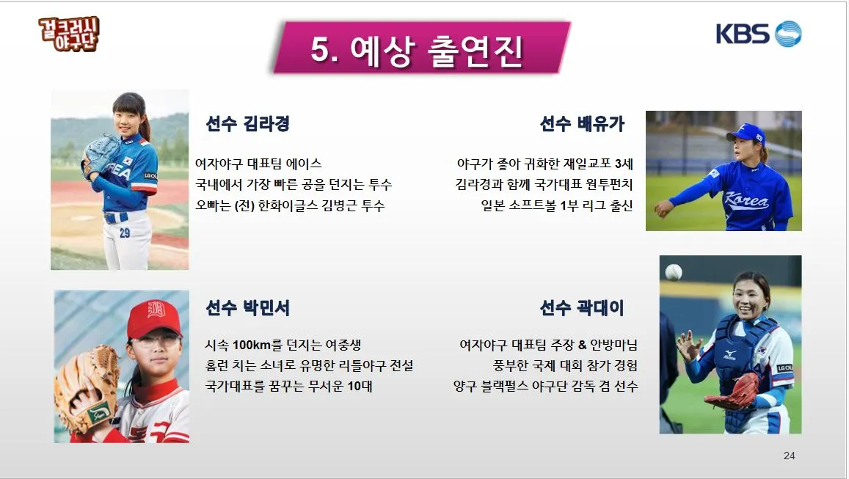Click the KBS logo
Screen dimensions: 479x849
(758, 34)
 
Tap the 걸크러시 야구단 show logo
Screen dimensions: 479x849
(69, 34)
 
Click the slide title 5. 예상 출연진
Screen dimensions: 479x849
(417, 50)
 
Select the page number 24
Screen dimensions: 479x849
(789, 456)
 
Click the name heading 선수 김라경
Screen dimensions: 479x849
(247, 124)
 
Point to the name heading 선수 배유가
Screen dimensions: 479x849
(582, 124)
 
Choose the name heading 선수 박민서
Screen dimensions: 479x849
(247, 308)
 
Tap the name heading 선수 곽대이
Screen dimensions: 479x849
(582, 308)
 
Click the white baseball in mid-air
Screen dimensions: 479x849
(673, 272)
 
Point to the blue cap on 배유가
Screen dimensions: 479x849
(746, 134)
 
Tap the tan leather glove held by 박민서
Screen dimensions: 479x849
(86, 389)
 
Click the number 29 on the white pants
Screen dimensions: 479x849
(125, 233)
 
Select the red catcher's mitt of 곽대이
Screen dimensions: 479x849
(735, 392)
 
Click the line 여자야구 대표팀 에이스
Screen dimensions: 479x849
(258, 164)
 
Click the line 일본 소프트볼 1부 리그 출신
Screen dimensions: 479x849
(555, 206)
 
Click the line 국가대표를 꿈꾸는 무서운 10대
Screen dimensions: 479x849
(288, 386)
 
